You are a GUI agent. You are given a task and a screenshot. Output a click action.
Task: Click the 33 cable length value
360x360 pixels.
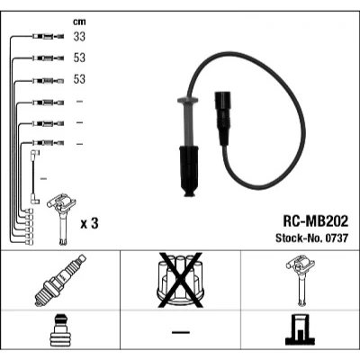(x=79, y=37)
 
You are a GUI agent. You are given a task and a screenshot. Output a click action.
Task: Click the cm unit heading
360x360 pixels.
(x=79, y=22)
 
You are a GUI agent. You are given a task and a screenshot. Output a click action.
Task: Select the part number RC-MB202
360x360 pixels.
(x=316, y=221)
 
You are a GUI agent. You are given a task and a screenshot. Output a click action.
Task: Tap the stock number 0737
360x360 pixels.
(x=336, y=238)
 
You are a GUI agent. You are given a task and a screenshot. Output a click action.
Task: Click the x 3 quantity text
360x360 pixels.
(x=89, y=223)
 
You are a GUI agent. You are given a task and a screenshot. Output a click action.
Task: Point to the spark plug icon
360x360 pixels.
(x=60, y=281)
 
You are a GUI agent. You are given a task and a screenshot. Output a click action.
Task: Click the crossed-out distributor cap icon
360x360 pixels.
(x=181, y=280)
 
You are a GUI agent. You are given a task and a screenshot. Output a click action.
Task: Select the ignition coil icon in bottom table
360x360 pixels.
(x=301, y=280)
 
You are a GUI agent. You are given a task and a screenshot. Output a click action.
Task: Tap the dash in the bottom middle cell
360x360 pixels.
(x=181, y=332)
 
